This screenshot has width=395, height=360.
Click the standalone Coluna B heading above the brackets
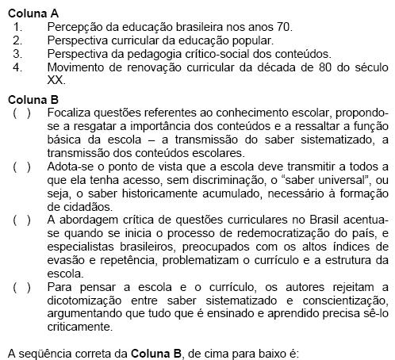click(31, 99)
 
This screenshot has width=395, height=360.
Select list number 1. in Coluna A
click(19, 26)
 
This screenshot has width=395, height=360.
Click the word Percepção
click(76, 26)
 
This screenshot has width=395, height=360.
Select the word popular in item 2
click(251, 40)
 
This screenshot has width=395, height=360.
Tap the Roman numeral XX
click(55, 79)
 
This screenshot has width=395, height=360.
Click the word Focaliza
click(72, 113)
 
